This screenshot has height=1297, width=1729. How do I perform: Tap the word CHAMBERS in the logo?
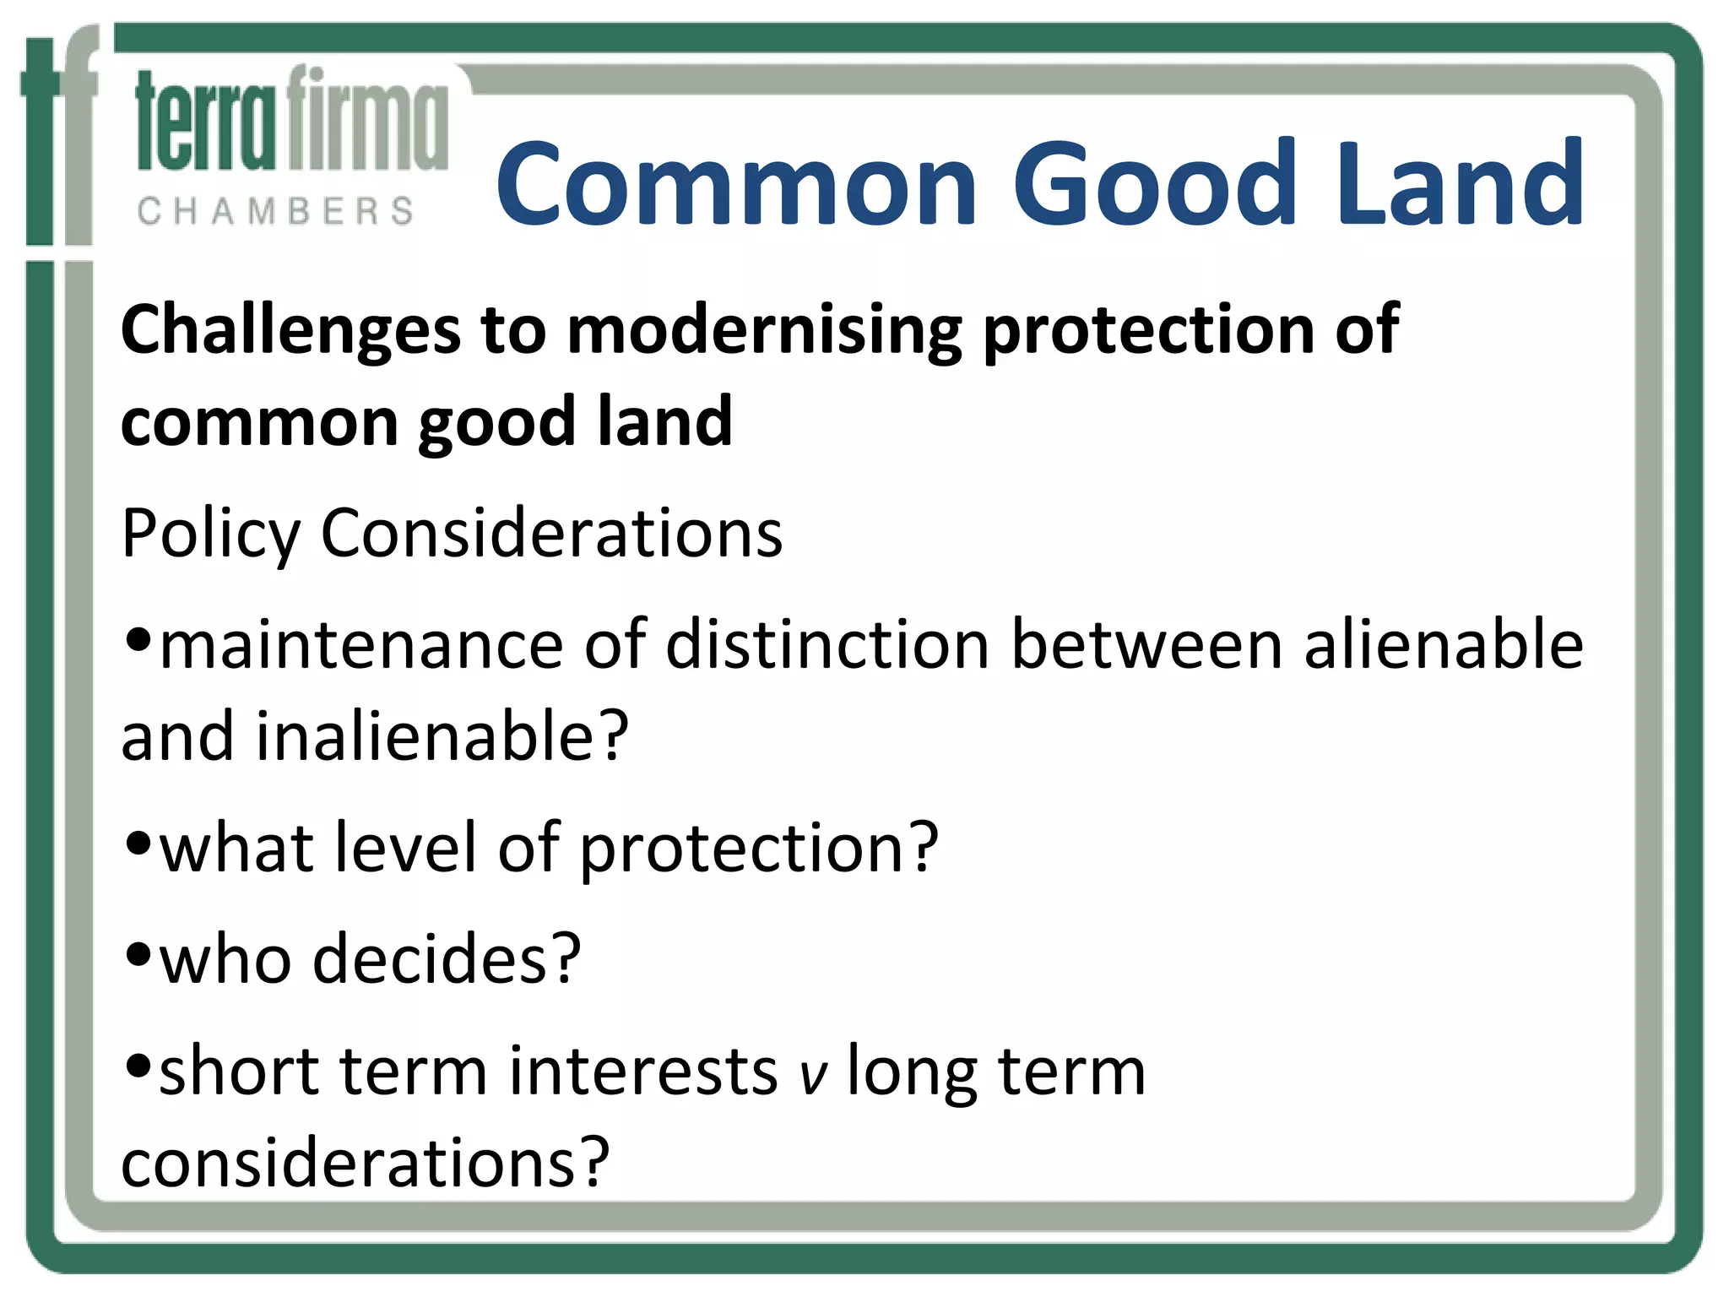pos(275,211)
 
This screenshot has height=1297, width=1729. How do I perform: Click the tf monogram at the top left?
pos(59,135)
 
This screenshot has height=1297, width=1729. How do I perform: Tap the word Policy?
pos(210,535)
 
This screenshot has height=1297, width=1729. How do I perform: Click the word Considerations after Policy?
pos(551,535)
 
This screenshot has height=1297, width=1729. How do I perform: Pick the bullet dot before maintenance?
pos(138,640)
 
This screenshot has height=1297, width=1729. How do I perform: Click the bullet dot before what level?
pos(138,843)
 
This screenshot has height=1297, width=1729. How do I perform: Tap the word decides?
pos(447,960)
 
